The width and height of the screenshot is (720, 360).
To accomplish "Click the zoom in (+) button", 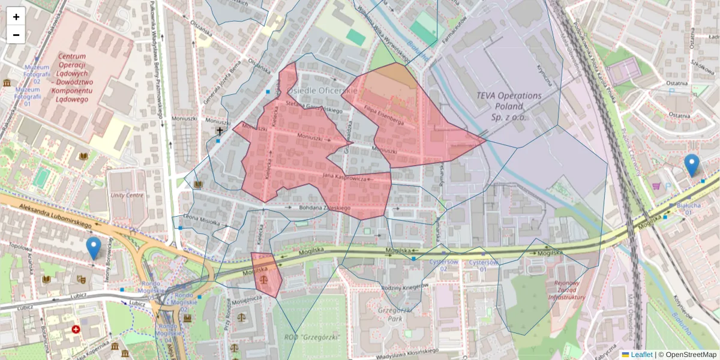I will click(16, 16).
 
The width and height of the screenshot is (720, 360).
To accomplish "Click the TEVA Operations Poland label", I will click(508, 106).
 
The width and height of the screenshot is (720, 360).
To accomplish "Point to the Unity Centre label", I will click(127, 195).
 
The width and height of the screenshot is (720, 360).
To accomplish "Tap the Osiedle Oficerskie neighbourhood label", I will click(322, 90).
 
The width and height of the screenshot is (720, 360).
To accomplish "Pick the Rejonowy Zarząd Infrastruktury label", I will click(565, 290).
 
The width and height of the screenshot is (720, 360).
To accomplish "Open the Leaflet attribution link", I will click(641, 355).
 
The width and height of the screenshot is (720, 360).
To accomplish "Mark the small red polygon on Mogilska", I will click(266, 274).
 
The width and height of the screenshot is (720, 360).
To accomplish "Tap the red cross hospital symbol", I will click(76, 329).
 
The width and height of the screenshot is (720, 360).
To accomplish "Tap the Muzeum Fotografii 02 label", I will click(28, 77).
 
